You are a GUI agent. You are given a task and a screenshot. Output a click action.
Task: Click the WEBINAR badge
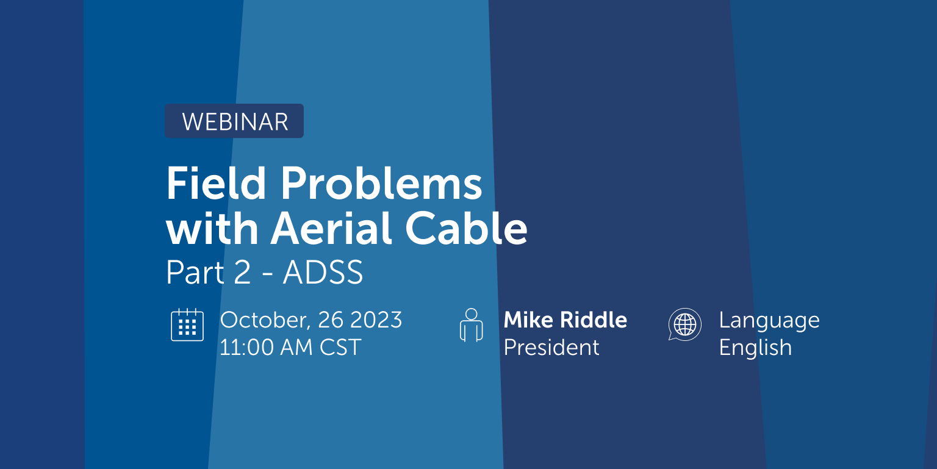[234, 121]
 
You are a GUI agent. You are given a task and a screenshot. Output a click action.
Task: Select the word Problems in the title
[382, 184]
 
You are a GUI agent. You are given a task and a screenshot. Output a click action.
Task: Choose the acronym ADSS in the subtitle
[323, 273]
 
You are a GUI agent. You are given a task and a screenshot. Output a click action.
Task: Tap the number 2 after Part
[242, 273]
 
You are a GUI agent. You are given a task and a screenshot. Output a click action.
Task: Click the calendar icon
[187, 324]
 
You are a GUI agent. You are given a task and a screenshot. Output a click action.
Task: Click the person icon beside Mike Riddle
[470, 324]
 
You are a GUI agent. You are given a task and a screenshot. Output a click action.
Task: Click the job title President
[551, 348]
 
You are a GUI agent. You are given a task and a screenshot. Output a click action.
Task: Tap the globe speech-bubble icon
[684, 324]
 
